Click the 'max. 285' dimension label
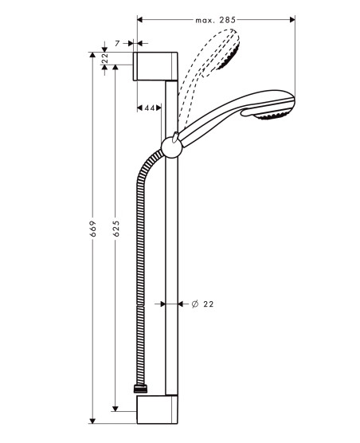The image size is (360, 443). pos(215,20)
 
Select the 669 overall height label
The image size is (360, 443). pos(93,229)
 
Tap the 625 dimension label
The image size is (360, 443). pos(115,229)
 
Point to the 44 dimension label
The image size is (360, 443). pos(150,108)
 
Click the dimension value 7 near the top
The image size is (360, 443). pos(117,44)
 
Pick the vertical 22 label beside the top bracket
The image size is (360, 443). pos(105,58)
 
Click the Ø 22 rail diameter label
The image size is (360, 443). pos(202,304)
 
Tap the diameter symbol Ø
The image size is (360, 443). pos(195,304)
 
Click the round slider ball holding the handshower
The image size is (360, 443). pos(172,147)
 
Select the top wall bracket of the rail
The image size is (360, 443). pos(155,66)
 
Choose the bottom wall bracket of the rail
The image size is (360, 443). pos(157,410)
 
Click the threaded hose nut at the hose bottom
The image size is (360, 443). pos(140,389)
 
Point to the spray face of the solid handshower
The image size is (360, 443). pos(270,116)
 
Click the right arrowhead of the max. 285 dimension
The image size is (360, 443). pos(292,19)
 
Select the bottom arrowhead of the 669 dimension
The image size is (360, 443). pos(92,421)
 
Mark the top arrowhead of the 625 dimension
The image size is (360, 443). pos(115,67)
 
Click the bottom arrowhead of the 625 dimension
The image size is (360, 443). pos(115,409)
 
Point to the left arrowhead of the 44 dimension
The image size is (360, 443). pos(139,108)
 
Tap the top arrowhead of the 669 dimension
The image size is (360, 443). pos(92,55)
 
